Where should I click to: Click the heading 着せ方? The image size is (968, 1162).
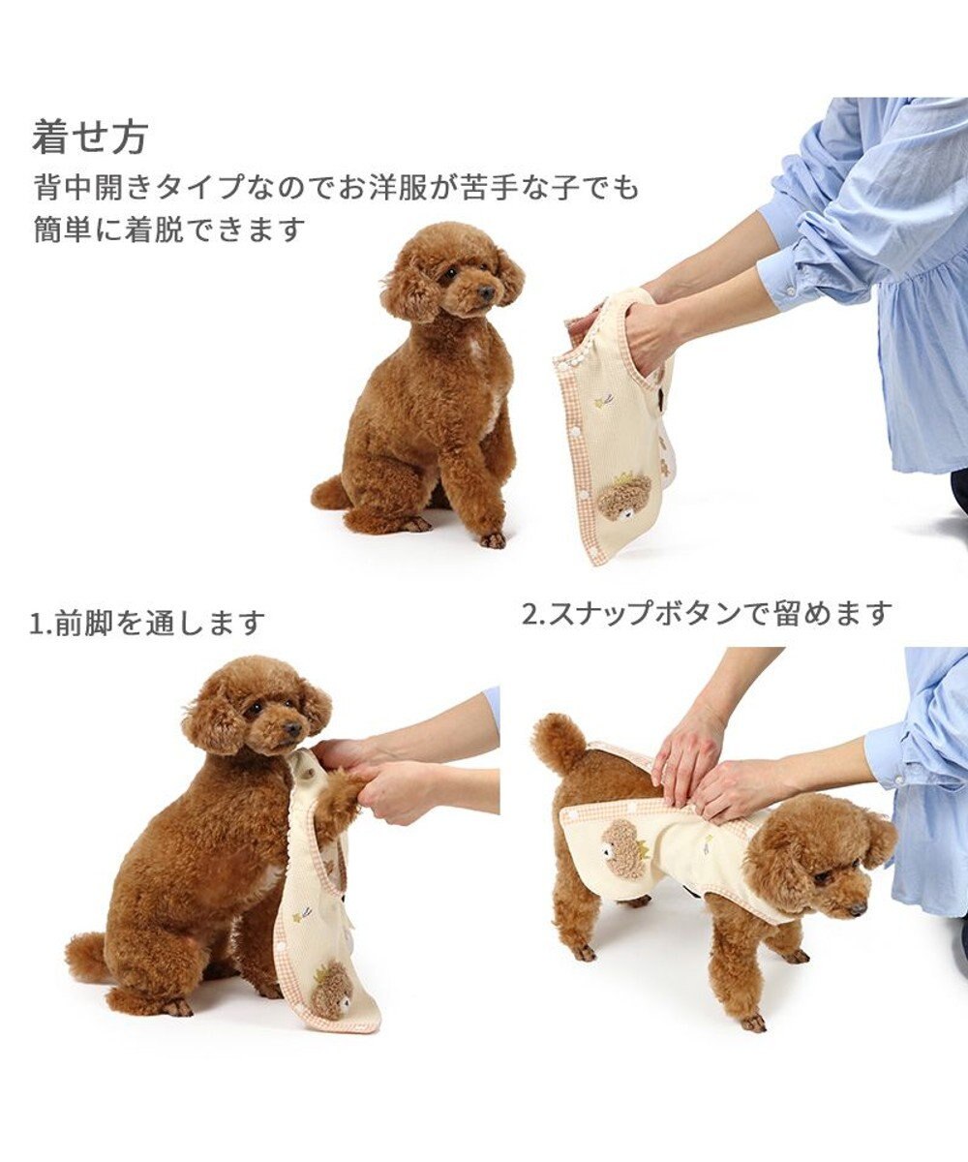(89, 137)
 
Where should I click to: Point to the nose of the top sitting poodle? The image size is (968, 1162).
(486, 291)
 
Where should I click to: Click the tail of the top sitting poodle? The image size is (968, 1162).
(330, 494)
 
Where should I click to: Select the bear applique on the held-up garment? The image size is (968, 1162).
(624, 496)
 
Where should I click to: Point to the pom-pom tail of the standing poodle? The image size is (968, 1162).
(560, 741)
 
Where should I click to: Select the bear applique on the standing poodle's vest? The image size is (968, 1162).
(625, 848)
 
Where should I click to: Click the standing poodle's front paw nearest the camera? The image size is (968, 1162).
(752, 1022)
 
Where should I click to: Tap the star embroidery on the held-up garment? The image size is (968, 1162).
(604, 398)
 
